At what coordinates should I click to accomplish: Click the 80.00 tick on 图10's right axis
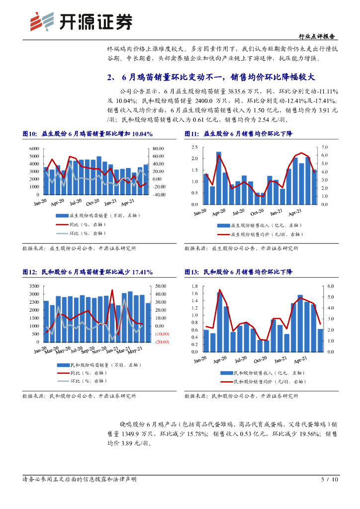click(159, 149)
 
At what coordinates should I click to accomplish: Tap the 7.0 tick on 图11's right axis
click(325, 148)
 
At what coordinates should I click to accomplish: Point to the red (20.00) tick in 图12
click(162, 342)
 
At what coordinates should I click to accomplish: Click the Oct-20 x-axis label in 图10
click(93, 203)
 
